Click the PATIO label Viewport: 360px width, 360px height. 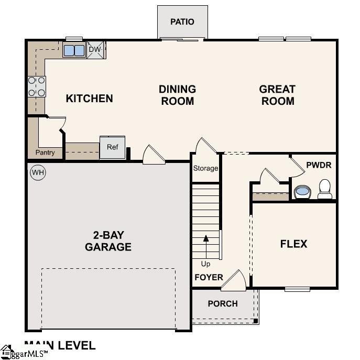(182, 21)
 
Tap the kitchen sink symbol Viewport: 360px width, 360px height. (74, 50)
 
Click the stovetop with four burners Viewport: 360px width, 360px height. (36, 86)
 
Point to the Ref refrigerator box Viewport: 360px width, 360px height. (113, 147)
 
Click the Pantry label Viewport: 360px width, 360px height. (45, 152)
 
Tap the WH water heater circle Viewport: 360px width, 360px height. (38, 172)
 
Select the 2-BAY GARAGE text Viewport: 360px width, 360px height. (108, 241)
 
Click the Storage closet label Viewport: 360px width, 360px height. (205, 168)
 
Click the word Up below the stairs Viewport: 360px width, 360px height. (206, 264)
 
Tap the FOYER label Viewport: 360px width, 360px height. (209, 277)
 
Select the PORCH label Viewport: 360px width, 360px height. (223, 303)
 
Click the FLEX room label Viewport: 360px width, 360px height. (293, 244)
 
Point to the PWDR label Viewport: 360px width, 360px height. (319, 165)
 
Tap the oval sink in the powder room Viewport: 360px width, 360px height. (302, 192)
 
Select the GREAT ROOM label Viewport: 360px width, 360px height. (277, 95)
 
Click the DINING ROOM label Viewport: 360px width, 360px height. (178, 95)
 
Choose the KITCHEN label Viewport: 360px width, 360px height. (89, 98)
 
